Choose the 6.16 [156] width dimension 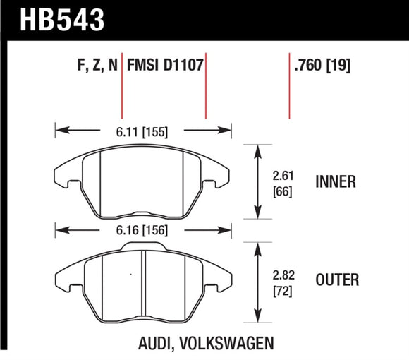coord(144,230)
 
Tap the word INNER coord(336,182)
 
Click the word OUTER coord(337,280)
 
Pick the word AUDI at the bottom coord(155,344)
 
